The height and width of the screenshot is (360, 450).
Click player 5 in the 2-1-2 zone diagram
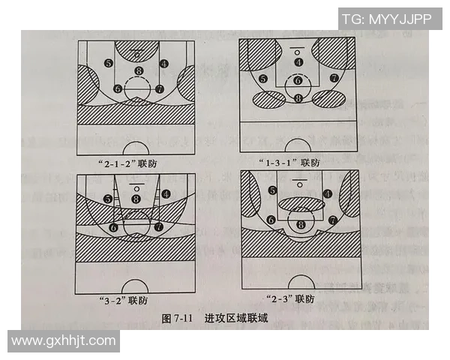point(109,64)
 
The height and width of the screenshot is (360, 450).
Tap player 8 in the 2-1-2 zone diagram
point(138,71)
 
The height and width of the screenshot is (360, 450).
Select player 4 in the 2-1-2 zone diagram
point(164,64)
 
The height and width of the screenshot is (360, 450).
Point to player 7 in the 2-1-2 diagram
point(159,88)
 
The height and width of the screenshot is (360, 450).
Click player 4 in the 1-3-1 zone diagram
point(298,62)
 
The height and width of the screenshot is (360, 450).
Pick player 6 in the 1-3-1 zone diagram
point(298,80)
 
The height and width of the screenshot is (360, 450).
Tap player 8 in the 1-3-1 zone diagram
point(298,97)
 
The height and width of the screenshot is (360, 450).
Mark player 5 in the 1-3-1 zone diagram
point(262,79)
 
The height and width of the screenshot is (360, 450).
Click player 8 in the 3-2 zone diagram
point(136,198)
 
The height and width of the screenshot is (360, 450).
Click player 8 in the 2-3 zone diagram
point(301,223)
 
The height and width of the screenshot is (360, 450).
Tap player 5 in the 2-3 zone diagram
point(271,190)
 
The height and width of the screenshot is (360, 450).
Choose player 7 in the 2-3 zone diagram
point(331,220)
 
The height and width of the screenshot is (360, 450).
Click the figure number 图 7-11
point(179,319)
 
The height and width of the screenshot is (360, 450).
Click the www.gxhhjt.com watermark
point(64,341)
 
